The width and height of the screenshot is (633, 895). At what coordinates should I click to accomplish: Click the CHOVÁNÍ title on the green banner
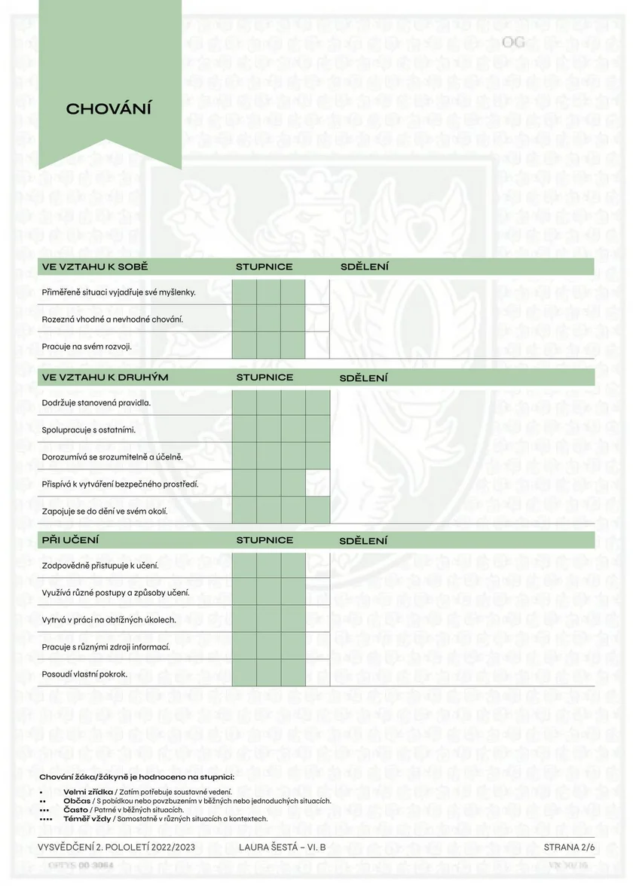click(x=109, y=108)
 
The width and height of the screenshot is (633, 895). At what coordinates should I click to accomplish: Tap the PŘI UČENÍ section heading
click(x=71, y=540)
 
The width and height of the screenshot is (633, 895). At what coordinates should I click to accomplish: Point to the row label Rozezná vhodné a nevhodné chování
click(x=112, y=319)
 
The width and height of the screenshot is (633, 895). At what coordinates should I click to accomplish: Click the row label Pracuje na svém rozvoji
click(x=87, y=346)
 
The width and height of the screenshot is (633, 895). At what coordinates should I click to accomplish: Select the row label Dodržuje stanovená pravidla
click(x=96, y=402)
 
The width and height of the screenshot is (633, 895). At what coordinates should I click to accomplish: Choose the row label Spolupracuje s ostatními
click(x=89, y=429)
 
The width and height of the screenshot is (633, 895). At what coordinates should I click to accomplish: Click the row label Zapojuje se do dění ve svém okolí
click(x=105, y=512)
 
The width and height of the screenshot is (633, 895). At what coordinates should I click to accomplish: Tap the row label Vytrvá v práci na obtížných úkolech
click(x=109, y=619)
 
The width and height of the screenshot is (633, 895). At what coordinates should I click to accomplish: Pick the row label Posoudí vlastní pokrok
click(x=84, y=674)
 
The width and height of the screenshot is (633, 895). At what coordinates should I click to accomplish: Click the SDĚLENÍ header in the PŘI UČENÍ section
click(x=363, y=541)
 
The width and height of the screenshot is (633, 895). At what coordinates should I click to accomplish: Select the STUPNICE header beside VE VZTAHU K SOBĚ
click(x=264, y=267)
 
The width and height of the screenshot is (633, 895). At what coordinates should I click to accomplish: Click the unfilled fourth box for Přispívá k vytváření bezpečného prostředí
click(x=317, y=484)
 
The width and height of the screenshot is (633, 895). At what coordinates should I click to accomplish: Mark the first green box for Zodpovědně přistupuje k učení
click(x=244, y=565)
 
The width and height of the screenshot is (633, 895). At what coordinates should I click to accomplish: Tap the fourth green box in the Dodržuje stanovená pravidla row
click(x=317, y=402)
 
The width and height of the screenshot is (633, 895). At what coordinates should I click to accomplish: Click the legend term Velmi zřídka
click(x=89, y=792)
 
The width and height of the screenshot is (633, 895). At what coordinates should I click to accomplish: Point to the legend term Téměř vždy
click(x=87, y=818)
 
